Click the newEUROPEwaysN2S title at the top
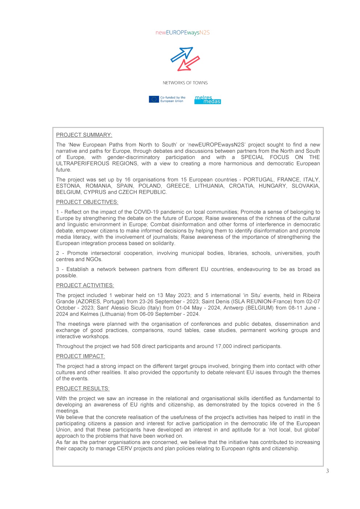click(183, 33)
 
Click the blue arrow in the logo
click(181, 54)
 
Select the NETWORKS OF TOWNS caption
click(185, 83)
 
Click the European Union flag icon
click(154, 99)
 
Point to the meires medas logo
click(208, 100)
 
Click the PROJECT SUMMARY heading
click(84, 135)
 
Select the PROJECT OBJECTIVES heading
click(87, 202)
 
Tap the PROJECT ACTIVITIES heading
click(85, 286)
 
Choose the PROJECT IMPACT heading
click(80, 356)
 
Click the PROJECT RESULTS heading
click(83, 389)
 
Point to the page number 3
click(327, 471)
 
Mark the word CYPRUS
click(95, 192)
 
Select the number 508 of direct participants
click(136, 346)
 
